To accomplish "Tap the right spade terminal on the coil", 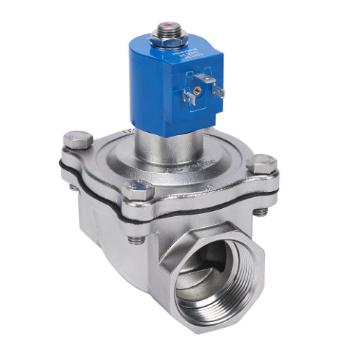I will [x=218, y=93].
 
